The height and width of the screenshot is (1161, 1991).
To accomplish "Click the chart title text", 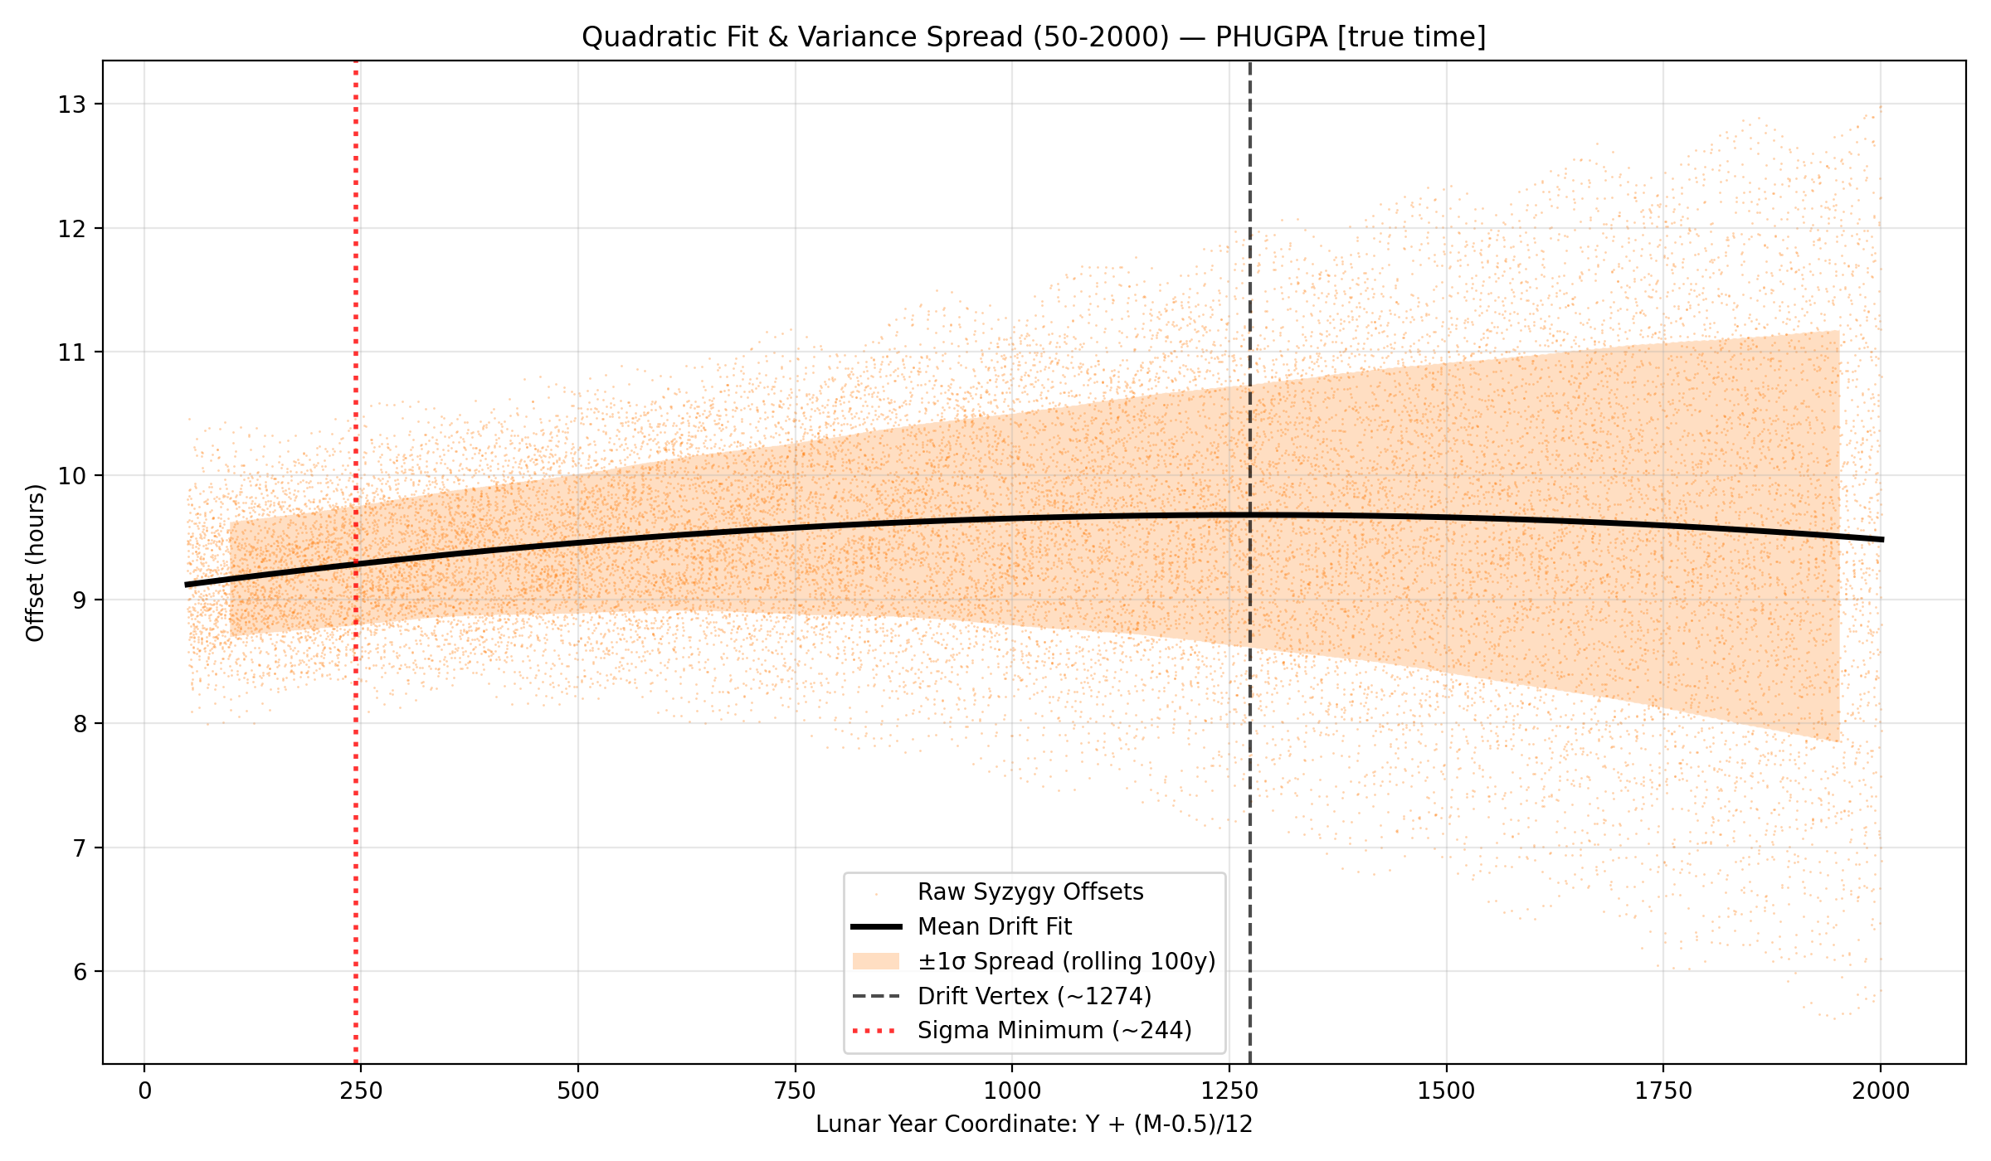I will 1034,37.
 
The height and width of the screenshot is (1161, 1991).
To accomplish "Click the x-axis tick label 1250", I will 1229,1091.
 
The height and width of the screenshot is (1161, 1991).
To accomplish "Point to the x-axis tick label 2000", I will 1881,1091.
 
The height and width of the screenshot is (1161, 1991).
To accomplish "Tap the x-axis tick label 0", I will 145,1091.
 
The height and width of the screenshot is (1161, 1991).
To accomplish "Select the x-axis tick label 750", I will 795,1091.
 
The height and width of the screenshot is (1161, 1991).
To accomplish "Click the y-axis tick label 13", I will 71,104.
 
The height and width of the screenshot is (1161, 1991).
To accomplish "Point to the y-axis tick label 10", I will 71,476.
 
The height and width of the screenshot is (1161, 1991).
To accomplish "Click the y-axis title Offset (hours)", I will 35,563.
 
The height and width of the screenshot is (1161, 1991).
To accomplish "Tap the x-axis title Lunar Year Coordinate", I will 1034,1125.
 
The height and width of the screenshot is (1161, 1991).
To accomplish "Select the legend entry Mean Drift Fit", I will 994,926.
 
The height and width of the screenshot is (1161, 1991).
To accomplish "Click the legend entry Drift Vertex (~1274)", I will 1034,996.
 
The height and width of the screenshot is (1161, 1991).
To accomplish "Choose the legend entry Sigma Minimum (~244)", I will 1054,1031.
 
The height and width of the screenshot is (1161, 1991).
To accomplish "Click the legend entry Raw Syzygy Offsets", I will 1030,892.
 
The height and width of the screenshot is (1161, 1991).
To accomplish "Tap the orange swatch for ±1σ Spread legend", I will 875,961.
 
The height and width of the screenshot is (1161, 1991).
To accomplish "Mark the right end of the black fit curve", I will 1881,539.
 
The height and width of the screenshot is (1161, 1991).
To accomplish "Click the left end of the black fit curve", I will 187,585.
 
